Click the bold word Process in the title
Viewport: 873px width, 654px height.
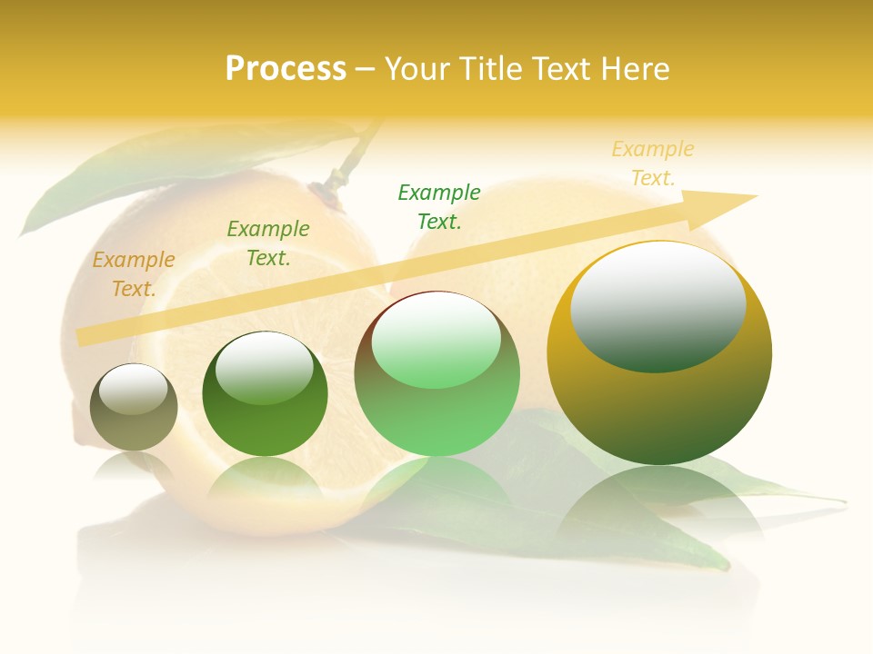click(286, 69)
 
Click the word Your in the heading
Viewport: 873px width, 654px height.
click(416, 69)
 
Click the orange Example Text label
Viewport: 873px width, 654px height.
click(134, 274)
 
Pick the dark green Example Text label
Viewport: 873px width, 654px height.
click(268, 243)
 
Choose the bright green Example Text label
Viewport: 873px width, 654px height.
click(439, 207)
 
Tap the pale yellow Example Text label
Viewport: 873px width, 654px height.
click(653, 163)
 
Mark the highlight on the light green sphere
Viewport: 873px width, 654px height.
click(436, 338)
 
